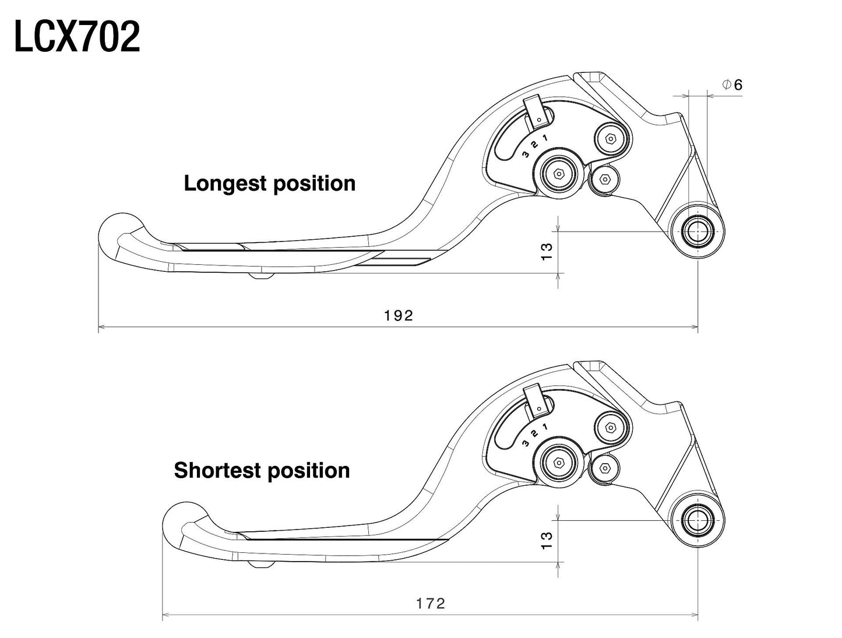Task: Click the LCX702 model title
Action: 77,37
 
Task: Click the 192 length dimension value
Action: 399,316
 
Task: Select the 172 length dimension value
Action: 431,603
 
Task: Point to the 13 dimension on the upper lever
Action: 547,251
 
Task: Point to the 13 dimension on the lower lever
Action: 547,540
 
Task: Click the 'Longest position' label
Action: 269,183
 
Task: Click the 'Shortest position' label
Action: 262,470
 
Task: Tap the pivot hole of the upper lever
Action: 697,232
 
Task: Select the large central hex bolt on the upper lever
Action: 558,173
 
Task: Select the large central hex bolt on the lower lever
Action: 558,462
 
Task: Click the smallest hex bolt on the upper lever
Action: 604,179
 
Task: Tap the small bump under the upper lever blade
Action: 261,276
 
